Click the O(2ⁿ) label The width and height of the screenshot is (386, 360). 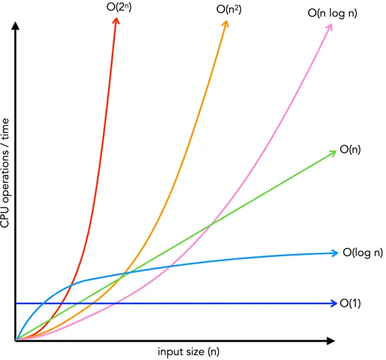pos(119,7)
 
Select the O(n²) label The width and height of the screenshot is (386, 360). pos(229,9)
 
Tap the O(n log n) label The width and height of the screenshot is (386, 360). pos(332,13)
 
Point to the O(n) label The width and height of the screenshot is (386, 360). pos(350,150)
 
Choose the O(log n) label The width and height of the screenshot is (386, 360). pos(362,253)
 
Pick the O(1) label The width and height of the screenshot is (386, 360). pos(350,303)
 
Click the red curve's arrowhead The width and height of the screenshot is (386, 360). pos(116,21)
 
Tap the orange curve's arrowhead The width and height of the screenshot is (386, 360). pos(226,24)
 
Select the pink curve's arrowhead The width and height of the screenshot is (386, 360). pos(329,27)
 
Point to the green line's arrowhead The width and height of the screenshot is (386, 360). pos(333,154)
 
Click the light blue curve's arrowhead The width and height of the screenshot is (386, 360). pos(335,253)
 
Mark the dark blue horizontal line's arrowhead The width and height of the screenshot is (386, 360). pos(333,303)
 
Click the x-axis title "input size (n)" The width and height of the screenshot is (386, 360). pos(188,352)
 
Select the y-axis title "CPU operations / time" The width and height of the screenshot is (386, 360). pos(5,173)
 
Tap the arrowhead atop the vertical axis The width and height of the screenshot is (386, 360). pos(16,26)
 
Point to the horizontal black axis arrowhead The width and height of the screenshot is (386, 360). pos(331,340)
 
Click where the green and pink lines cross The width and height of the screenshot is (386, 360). pos(211,224)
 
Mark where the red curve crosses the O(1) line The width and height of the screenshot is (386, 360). pos(61,303)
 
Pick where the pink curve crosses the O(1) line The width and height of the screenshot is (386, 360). pos(115,303)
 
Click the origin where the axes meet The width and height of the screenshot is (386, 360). pos(16,340)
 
